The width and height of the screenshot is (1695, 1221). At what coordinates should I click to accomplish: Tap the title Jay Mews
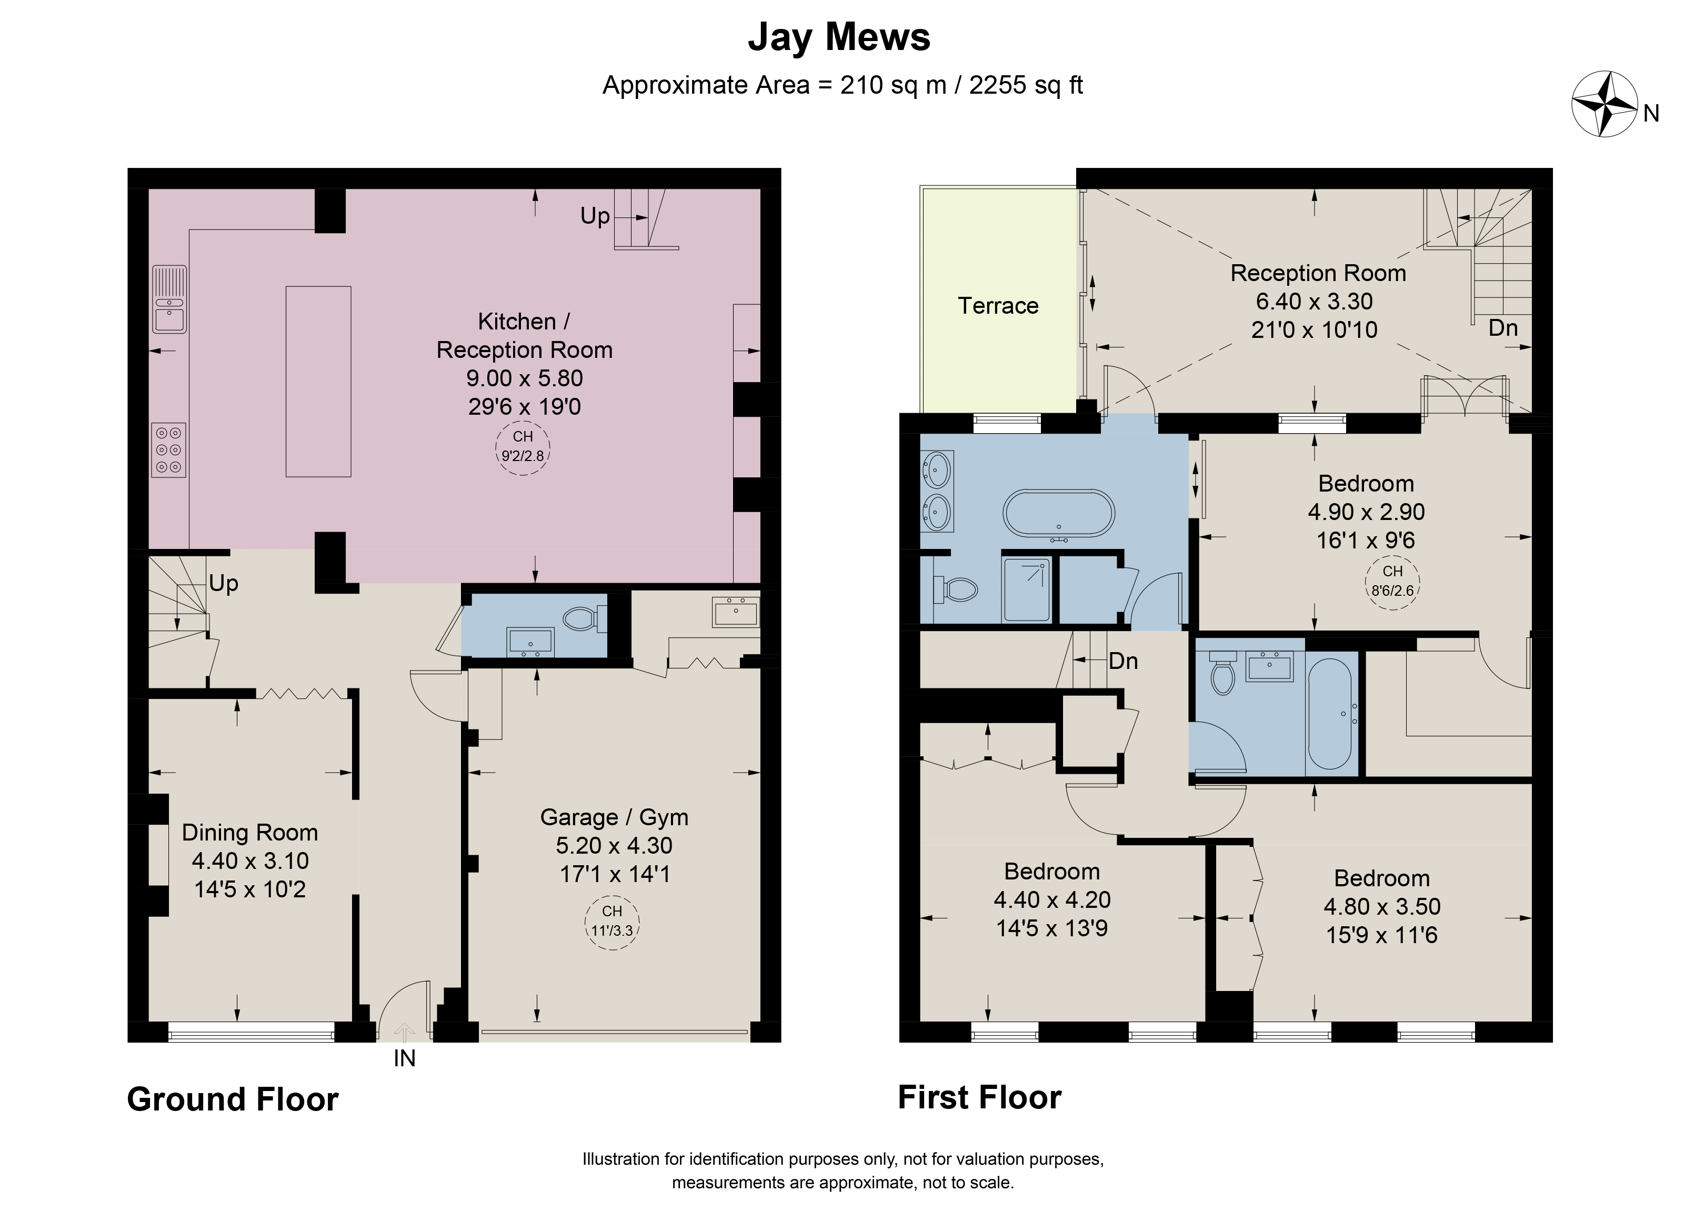(x=839, y=37)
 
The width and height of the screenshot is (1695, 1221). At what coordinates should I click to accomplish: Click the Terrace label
(x=998, y=306)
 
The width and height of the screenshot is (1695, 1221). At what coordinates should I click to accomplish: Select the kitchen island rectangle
(x=318, y=381)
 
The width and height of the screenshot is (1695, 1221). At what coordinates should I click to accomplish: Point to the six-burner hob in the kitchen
(x=169, y=450)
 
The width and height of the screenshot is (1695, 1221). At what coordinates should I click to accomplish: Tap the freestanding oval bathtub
(x=1058, y=513)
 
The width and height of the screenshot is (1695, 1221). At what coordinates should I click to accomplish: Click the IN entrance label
(x=404, y=1058)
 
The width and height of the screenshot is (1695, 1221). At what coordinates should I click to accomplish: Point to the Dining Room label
(x=249, y=833)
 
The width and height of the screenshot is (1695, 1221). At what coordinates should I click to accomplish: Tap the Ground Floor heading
(x=233, y=1099)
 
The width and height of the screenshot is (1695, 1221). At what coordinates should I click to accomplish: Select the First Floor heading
(x=979, y=1097)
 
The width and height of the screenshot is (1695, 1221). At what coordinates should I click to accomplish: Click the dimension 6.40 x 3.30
(x=1314, y=301)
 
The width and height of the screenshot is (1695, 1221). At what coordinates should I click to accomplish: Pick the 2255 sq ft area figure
(x=1026, y=85)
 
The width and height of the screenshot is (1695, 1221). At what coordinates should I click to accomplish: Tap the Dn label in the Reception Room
(x=1503, y=327)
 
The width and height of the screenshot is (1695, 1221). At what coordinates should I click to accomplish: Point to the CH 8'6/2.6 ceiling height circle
(x=1392, y=582)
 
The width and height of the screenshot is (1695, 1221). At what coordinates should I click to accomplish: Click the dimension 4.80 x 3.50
(x=1382, y=906)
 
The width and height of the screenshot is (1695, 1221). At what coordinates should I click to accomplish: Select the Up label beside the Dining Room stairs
(x=224, y=583)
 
